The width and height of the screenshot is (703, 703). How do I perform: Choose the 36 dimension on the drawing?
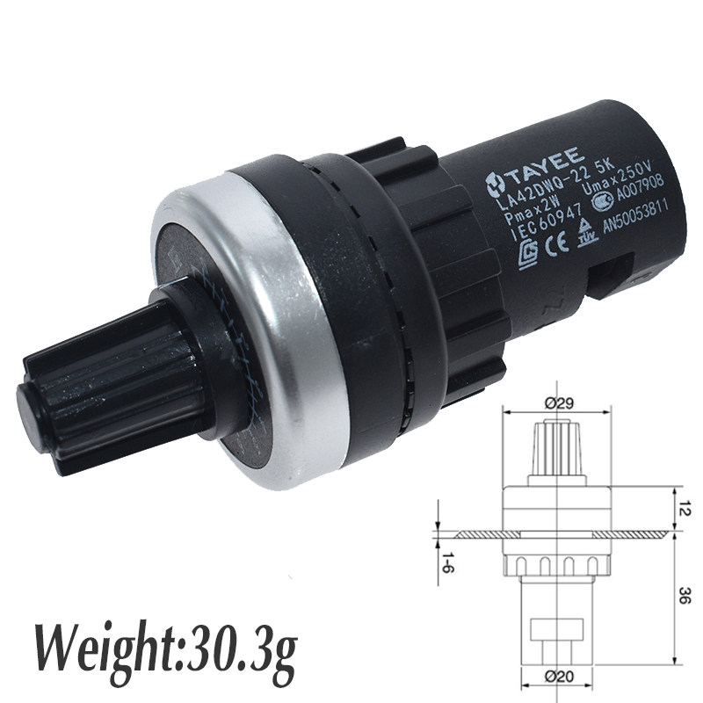coord(684,598)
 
